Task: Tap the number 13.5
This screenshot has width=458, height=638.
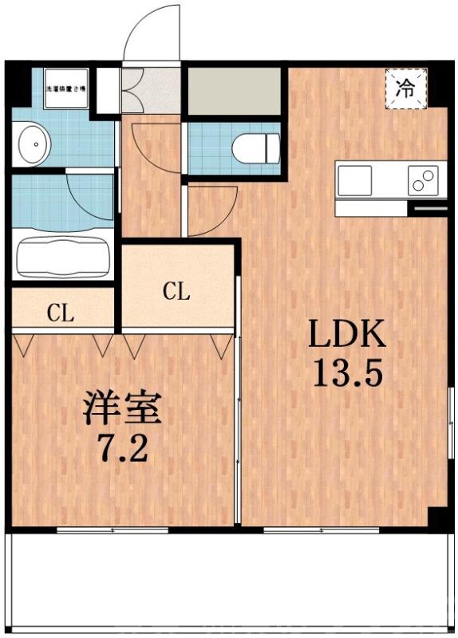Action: [348, 374]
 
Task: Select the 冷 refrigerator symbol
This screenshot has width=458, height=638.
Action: [406, 88]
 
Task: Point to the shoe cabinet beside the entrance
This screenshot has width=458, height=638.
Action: [132, 90]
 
